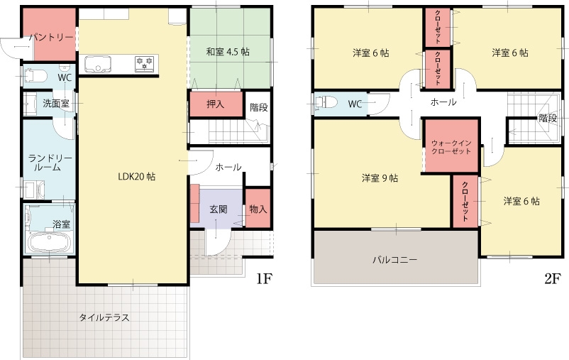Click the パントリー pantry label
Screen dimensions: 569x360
(x=52, y=37)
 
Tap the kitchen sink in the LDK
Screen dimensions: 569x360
(x=98, y=64)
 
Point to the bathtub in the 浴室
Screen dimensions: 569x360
(x=48, y=242)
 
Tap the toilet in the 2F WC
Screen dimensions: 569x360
(x=325, y=102)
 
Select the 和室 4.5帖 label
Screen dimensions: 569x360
(x=228, y=52)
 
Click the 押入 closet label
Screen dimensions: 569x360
(x=216, y=104)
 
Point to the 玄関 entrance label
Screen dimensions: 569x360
(x=219, y=209)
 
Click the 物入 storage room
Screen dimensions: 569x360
(x=258, y=208)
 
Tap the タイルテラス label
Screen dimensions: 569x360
(x=104, y=317)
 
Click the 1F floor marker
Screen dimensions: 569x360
(x=265, y=278)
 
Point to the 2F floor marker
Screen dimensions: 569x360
(x=553, y=278)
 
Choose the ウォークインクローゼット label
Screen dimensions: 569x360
(x=451, y=147)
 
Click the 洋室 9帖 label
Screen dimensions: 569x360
(x=380, y=178)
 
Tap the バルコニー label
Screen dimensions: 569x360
(x=394, y=260)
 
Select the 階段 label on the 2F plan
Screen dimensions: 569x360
(x=548, y=118)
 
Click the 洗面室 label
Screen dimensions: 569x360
(x=56, y=104)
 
